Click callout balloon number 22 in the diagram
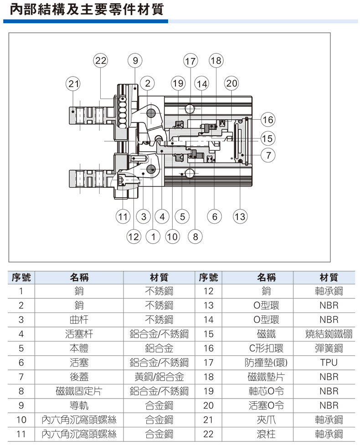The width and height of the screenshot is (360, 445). [101, 61]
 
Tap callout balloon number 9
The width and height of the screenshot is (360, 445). [135, 61]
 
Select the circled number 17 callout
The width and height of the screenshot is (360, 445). [190, 61]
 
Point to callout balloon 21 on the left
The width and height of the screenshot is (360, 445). [73, 84]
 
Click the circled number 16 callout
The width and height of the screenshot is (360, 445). [268, 119]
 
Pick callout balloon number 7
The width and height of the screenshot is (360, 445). [268, 155]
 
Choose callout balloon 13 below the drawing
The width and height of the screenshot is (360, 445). [240, 216]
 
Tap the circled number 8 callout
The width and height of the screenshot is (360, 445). [195, 236]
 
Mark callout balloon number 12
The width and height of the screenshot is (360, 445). [134, 236]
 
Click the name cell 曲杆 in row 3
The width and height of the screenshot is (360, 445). [79, 320]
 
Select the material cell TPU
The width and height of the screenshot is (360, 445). [329, 363]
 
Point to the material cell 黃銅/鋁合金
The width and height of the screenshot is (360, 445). [159, 377]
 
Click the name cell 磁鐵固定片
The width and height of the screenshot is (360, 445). [79, 391]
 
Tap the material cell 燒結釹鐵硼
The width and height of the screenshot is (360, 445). [329, 334]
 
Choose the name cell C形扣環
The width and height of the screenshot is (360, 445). [266, 348]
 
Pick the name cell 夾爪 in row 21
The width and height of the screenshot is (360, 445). [266, 419]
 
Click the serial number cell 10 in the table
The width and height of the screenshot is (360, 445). [21, 419]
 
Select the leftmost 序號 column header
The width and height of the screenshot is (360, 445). [21, 277]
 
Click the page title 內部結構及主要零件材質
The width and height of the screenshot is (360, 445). [87, 10]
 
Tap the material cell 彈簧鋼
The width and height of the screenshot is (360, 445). [329, 348]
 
